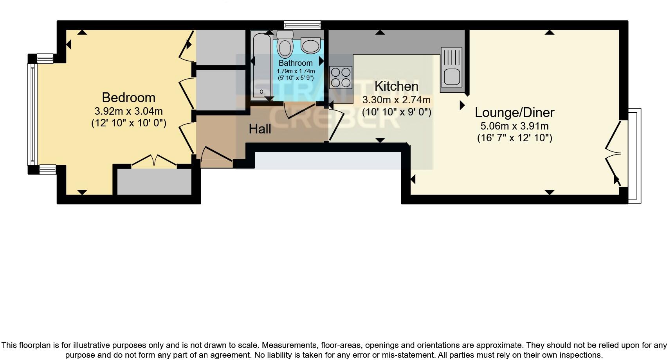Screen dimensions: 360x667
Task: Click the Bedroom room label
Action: (128, 97)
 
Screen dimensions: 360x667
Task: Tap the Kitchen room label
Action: (396, 86)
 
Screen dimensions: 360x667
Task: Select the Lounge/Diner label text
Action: (514, 112)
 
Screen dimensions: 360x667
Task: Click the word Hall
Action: (260, 129)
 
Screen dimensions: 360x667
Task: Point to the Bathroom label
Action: (296, 63)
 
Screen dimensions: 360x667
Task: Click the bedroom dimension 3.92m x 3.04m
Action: (128, 111)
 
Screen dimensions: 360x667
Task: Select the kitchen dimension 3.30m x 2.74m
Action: (396, 99)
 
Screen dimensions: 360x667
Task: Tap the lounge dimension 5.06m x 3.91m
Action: (514, 126)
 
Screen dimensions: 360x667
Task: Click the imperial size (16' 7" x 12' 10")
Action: (514, 138)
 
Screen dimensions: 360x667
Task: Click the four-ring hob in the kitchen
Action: (341, 77)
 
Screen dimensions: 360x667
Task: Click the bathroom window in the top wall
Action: (302, 25)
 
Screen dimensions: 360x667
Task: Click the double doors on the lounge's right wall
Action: (615, 153)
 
